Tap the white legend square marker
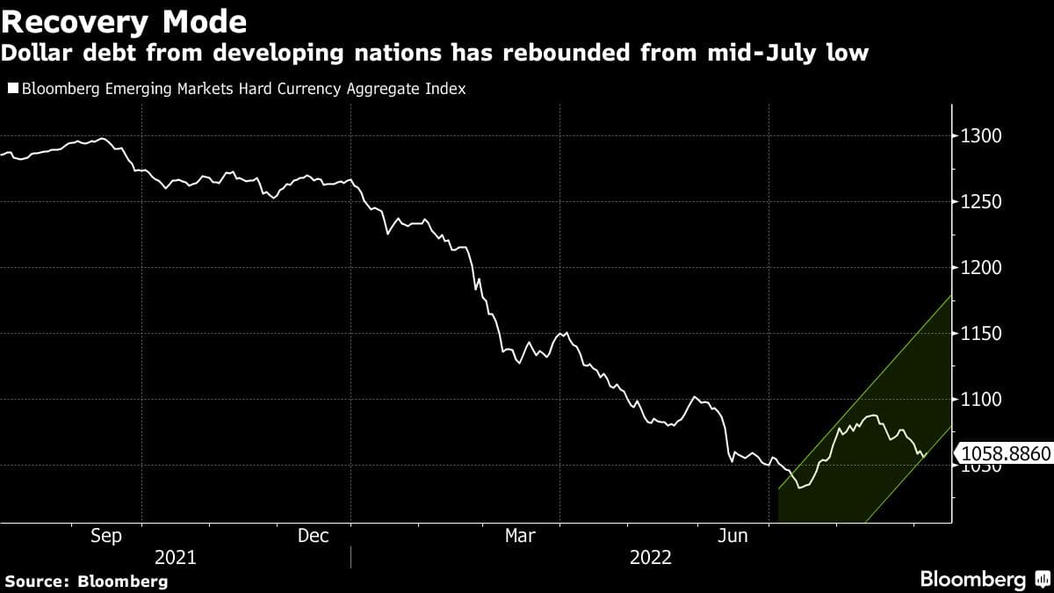tap(12, 89)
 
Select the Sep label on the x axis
tap(106, 536)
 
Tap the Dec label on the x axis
tap(314, 536)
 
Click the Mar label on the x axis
tap(521, 536)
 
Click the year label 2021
tap(176, 558)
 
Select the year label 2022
tap(650, 558)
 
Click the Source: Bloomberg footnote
tap(86, 581)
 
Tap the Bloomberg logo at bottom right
tap(973, 580)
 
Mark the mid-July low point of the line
tap(799, 487)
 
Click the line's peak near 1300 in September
tap(102, 139)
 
